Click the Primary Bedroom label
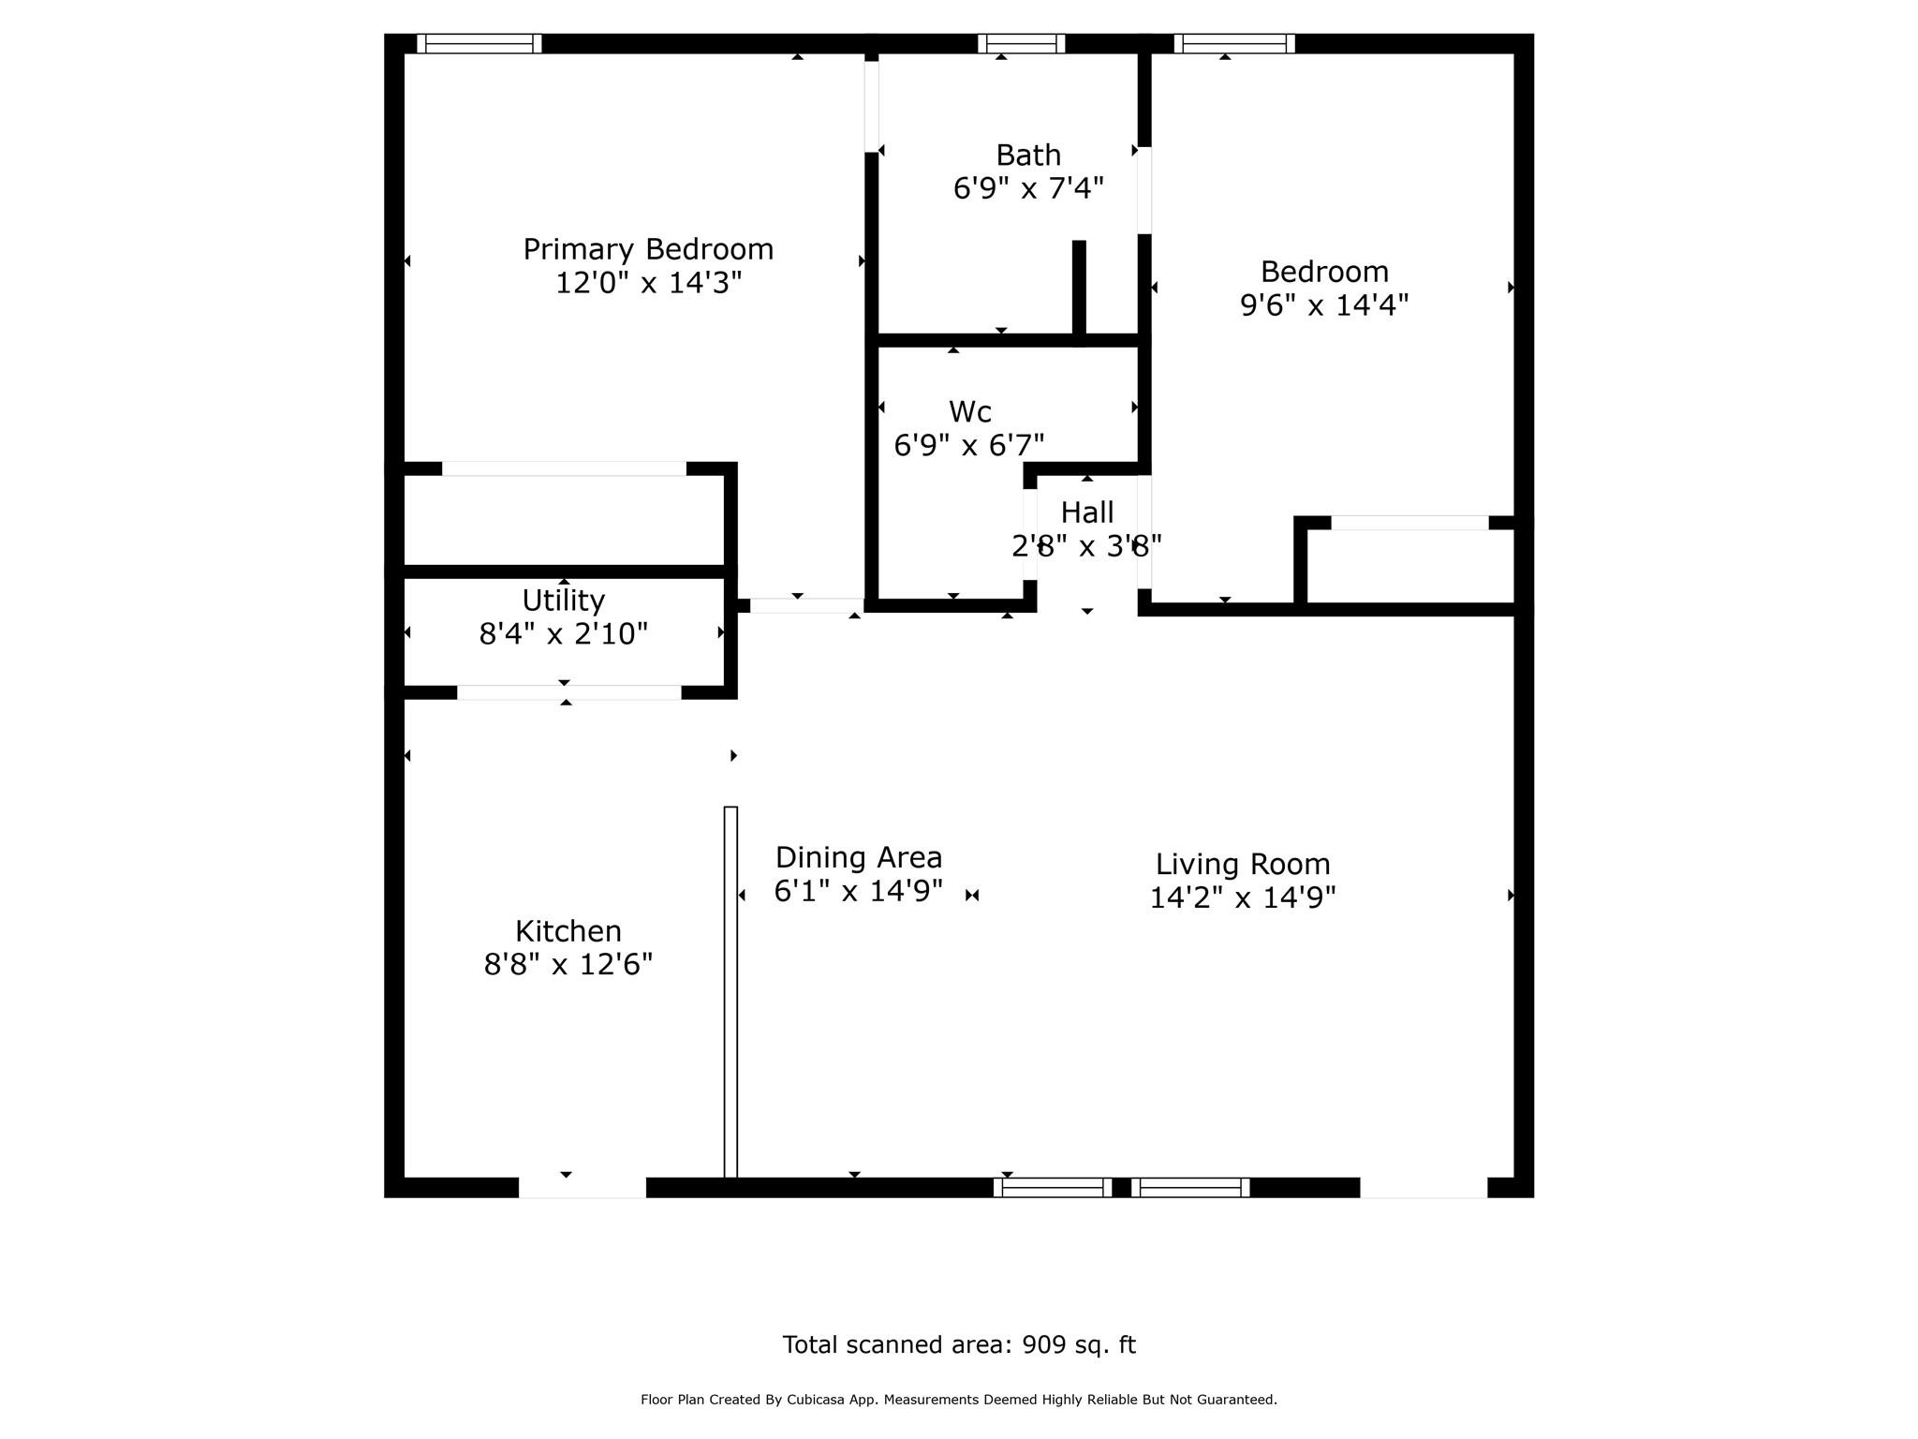click(648, 249)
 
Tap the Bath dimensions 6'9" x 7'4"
click(1028, 188)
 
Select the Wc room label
click(969, 411)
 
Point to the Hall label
click(1086, 512)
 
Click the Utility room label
click(563, 600)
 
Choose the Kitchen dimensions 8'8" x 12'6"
click(568, 964)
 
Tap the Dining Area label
click(858, 857)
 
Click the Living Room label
click(1242, 864)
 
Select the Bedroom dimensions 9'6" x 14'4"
click(1323, 305)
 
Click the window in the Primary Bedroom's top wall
click(479, 43)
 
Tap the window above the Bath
click(1021, 43)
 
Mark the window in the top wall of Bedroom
click(1233, 43)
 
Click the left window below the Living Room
click(1052, 1188)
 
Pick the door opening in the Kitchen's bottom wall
click(582, 1188)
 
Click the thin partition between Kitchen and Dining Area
click(730, 991)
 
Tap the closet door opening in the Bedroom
click(1409, 523)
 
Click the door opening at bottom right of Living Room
click(1423, 1188)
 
